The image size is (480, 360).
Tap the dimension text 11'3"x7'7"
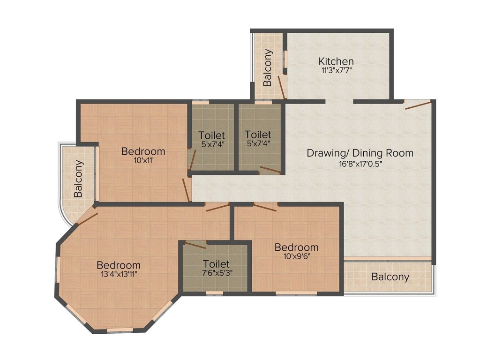click(x=336, y=70)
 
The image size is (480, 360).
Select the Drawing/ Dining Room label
click(x=360, y=153)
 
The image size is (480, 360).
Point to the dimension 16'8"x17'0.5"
click(x=360, y=164)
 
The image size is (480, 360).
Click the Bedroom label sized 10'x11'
click(x=143, y=151)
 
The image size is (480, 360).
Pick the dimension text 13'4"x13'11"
click(x=119, y=274)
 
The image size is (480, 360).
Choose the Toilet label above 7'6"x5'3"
click(x=216, y=263)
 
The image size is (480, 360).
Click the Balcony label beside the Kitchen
click(x=268, y=67)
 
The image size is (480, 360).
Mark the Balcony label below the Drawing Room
click(x=390, y=277)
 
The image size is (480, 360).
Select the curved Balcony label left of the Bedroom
click(x=78, y=179)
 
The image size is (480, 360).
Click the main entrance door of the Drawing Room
click(x=418, y=105)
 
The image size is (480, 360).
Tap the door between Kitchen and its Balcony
click(x=282, y=88)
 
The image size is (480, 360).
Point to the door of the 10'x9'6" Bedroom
click(x=265, y=207)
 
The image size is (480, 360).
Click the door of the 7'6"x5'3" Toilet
click(x=195, y=245)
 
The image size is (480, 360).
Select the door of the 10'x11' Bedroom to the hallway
click(x=186, y=190)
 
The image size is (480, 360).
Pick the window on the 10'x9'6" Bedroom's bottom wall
click(x=296, y=293)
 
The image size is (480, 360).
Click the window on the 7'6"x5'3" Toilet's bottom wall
click(x=214, y=293)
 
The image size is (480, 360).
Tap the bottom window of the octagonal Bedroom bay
click(x=120, y=330)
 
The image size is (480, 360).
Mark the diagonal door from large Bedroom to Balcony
click(x=87, y=219)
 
